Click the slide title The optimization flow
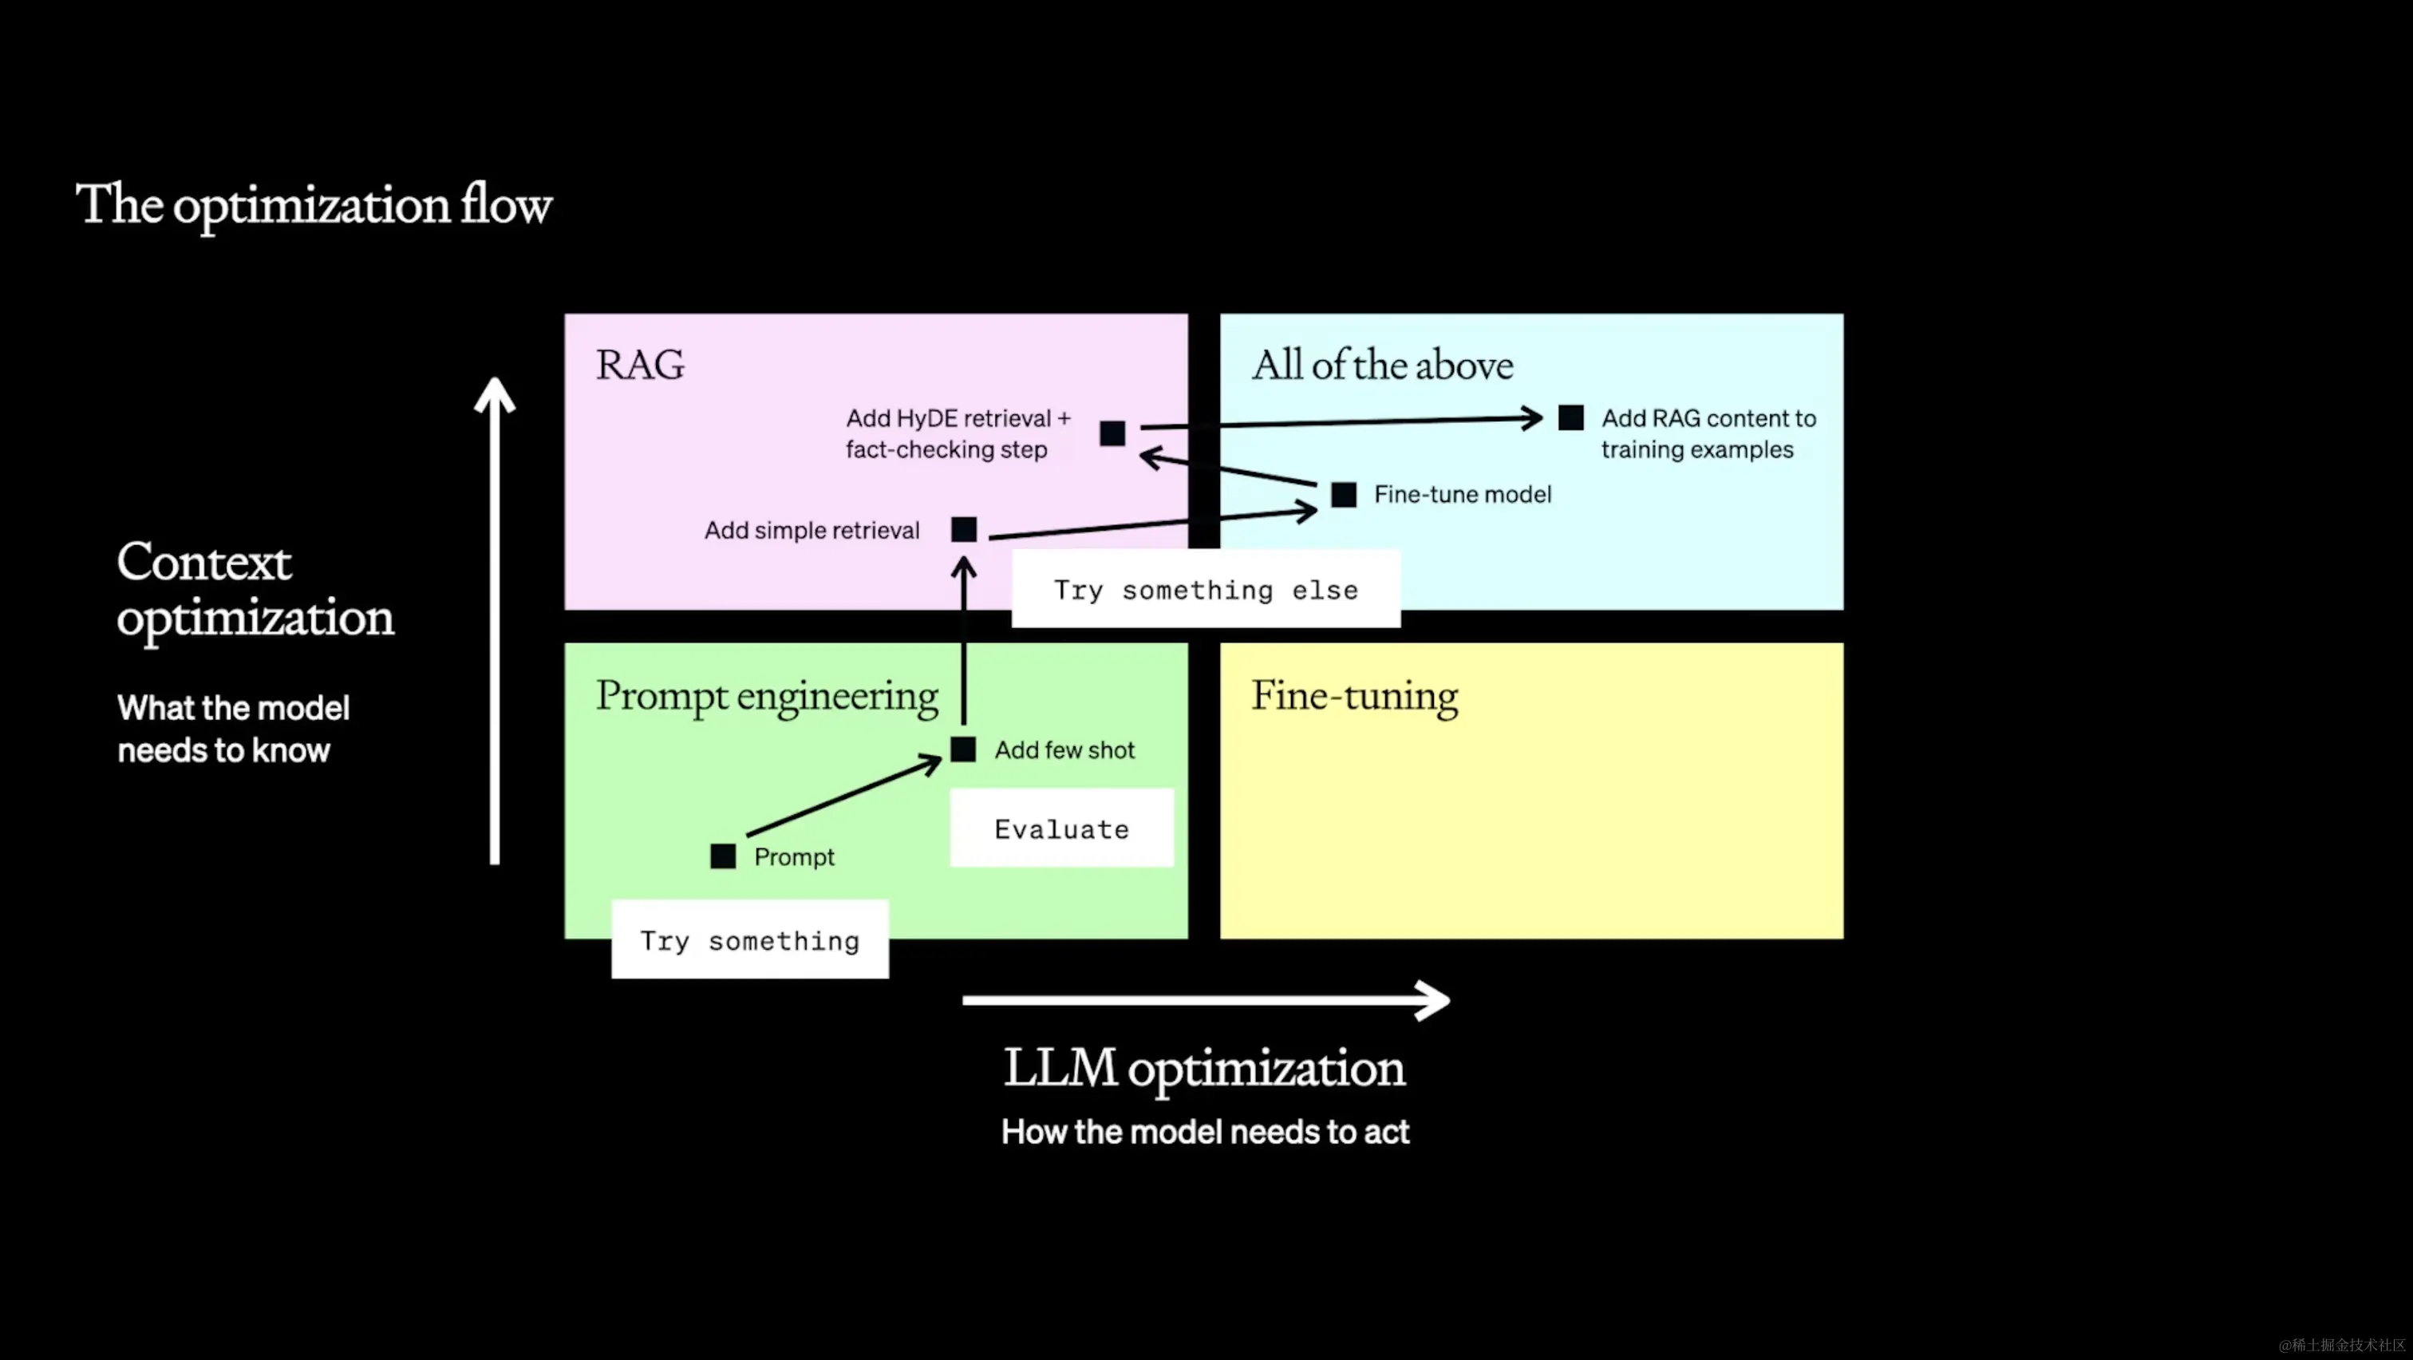tap(313, 205)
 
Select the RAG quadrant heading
tap(640, 365)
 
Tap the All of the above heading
tap(1382, 365)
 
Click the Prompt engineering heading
tap(766, 697)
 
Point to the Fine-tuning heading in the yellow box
tap(1353, 697)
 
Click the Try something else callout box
tap(1206, 589)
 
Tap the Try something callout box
tap(749, 939)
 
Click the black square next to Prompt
tap(723, 856)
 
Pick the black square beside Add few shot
tap(963, 749)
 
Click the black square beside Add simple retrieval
tap(964, 529)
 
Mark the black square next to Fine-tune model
tap(1343, 495)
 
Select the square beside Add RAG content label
tap(1571, 417)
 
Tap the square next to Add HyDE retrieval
tap(1112, 433)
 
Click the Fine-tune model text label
tap(1462, 495)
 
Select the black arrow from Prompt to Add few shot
tap(843, 797)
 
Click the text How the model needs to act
tap(1205, 1132)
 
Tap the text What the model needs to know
tap(232, 729)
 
